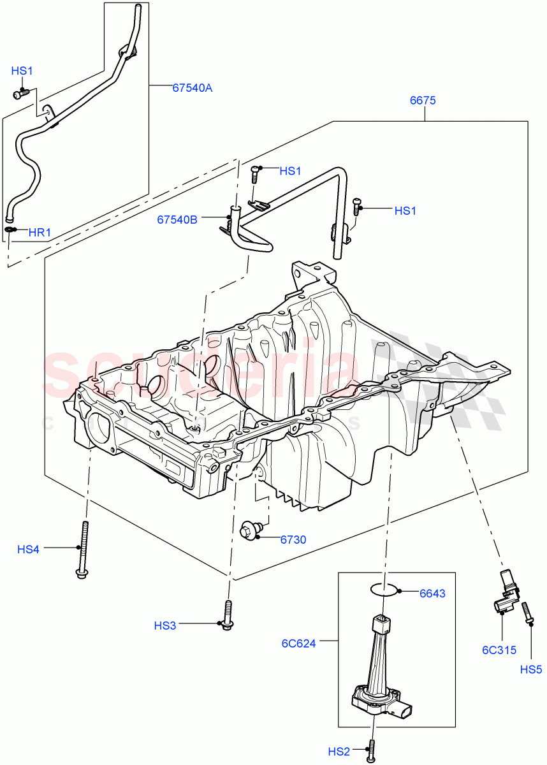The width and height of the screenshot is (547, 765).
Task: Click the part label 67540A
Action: click(x=192, y=89)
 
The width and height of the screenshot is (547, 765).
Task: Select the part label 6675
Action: click(x=423, y=101)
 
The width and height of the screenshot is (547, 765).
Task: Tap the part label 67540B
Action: click(x=177, y=219)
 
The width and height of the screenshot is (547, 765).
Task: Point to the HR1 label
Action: click(x=40, y=233)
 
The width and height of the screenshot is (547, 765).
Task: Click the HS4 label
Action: click(x=28, y=549)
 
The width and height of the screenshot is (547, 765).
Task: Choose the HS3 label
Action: click(x=164, y=626)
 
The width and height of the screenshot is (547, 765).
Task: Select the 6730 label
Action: click(x=293, y=539)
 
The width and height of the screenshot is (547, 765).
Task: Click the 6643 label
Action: click(x=432, y=594)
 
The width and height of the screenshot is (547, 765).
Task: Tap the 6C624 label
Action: click(x=299, y=643)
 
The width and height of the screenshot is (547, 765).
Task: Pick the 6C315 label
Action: click(x=499, y=650)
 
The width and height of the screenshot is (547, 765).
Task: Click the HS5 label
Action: click(x=530, y=669)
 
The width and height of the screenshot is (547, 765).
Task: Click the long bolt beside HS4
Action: click(x=84, y=549)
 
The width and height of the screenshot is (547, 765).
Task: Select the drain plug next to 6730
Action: click(x=249, y=530)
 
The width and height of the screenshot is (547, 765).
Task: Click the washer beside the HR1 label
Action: click(x=11, y=229)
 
